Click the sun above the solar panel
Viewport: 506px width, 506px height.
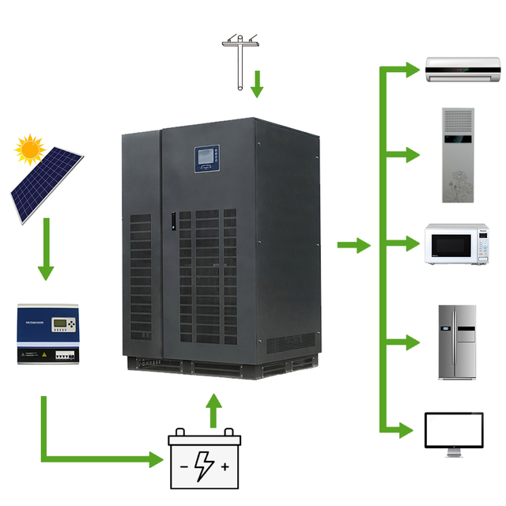pos(29,148)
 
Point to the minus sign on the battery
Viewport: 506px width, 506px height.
pos(183,467)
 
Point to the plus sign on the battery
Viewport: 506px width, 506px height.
pos(225,467)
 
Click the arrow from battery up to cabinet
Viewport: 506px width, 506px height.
pos(212,410)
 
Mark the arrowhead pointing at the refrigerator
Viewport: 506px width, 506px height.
pos(410,342)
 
